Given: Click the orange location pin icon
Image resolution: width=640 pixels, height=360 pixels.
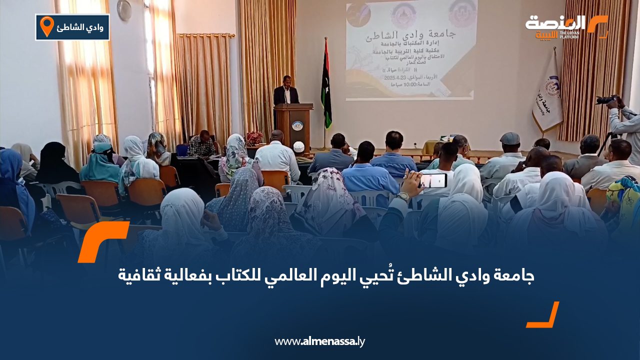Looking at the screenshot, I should [x=46, y=26].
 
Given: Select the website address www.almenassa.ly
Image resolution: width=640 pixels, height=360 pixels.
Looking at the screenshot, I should [x=319, y=341].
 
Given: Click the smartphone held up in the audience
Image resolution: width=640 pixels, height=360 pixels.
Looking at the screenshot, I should [x=433, y=180].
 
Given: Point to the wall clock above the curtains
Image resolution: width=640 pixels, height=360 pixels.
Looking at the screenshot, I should [x=124, y=10].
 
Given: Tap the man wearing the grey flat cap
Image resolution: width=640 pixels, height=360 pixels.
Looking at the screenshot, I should [x=509, y=138].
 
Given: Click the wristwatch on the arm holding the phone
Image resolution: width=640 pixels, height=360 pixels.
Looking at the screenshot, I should [x=403, y=197].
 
